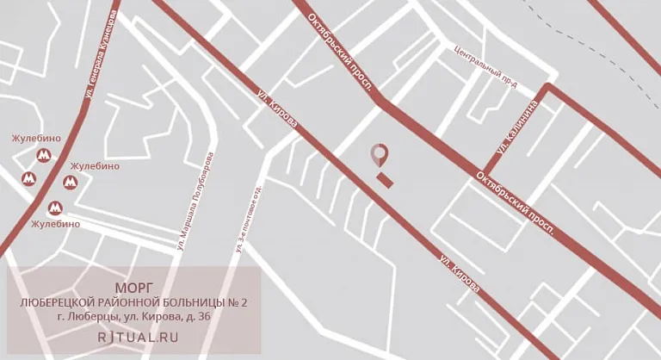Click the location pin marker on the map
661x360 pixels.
[x=379, y=156]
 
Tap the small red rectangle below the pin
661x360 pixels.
[x=385, y=180]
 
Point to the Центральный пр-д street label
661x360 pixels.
[x=485, y=68]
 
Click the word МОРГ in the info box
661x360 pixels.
[x=133, y=287]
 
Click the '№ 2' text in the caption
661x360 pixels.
[x=241, y=302]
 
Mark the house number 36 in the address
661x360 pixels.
[x=204, y=318]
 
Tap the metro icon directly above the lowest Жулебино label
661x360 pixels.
[x=55, y=208]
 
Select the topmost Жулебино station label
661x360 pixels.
[x=35, y=139]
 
